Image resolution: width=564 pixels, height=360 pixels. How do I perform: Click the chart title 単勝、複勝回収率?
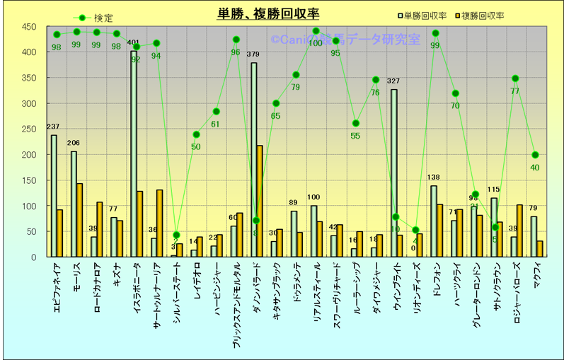click(268, 13)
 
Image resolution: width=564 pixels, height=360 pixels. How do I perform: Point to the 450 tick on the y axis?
click(29, 27)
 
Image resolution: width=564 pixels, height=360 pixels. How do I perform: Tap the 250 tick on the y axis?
click(29, 129)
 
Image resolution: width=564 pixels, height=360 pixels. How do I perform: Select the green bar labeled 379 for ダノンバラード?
click(254, 160)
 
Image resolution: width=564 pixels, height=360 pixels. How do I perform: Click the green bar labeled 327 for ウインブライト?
click(394, 173)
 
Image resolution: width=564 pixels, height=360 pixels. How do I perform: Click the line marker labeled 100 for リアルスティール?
click(316, 31)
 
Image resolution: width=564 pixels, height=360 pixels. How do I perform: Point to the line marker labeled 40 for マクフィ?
click(536, 155)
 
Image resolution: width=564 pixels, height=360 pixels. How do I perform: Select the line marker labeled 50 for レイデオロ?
click(195, 134)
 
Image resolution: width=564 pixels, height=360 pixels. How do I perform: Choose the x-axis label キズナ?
click(117, 276)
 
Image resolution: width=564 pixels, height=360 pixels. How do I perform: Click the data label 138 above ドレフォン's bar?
click(434, 178)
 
